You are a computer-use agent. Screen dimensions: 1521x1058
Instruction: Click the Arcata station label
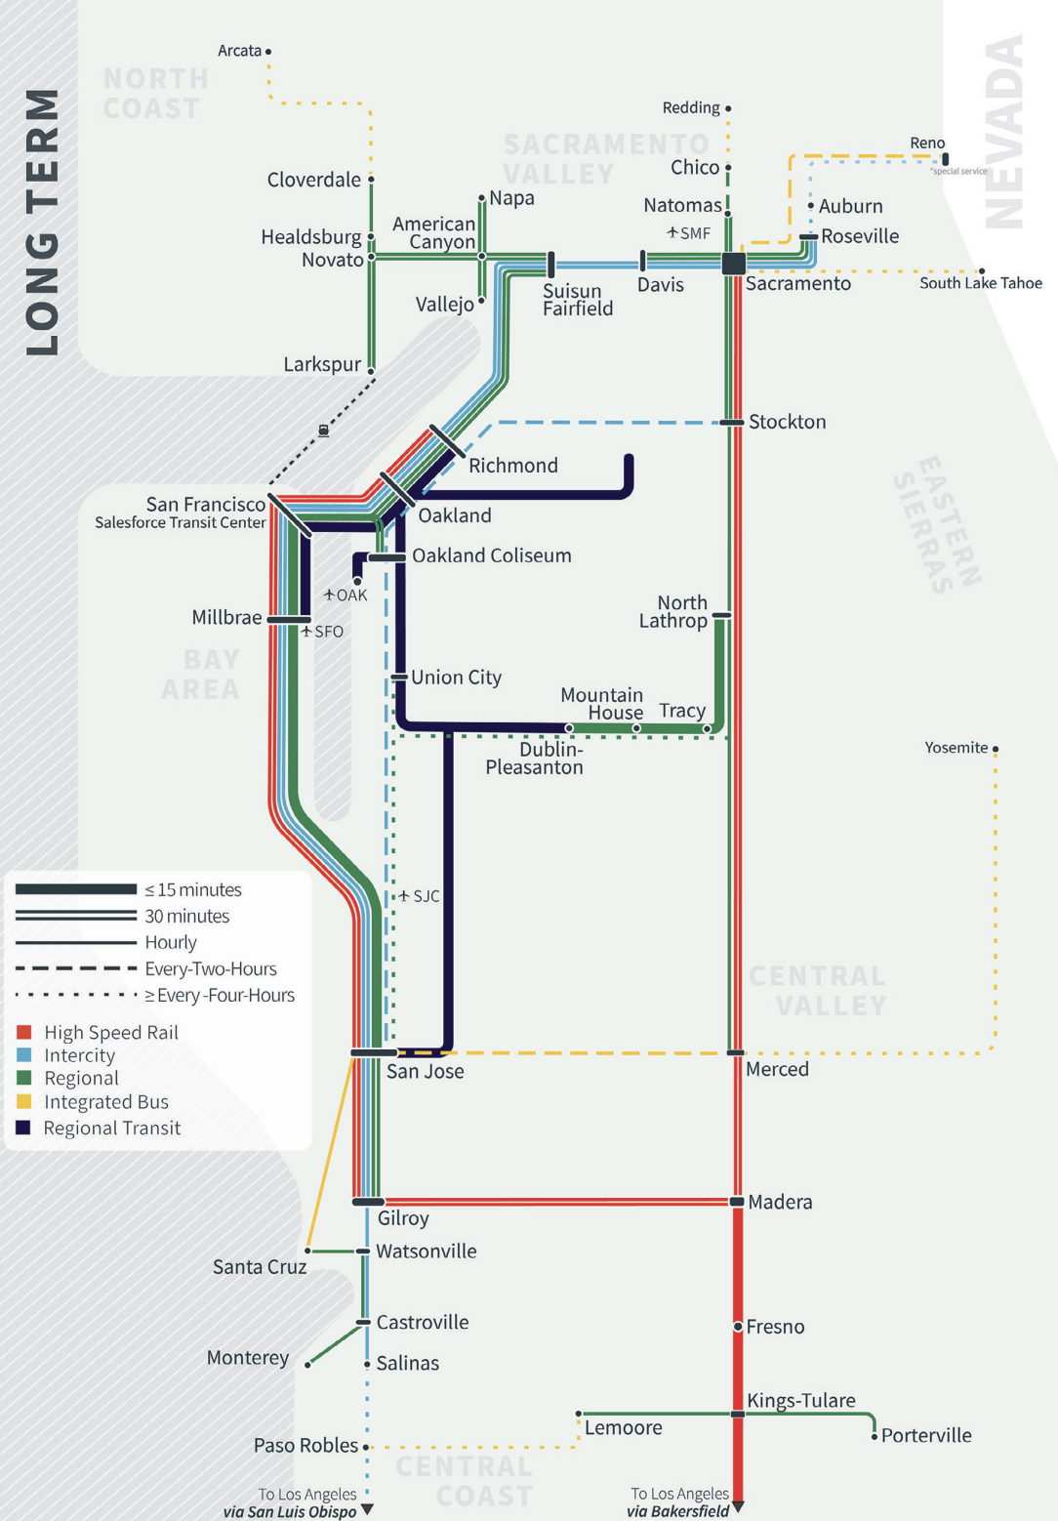239,51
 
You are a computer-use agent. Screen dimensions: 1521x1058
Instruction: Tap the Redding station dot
728,108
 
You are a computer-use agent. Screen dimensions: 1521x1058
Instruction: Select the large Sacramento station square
734,263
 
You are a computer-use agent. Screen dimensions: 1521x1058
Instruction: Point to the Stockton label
787,422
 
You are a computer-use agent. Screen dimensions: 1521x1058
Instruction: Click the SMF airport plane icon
672,232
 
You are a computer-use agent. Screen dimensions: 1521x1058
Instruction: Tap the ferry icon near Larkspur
323,431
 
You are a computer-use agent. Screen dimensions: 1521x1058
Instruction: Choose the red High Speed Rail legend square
24,1032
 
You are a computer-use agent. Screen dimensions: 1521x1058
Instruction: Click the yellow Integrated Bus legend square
24,1101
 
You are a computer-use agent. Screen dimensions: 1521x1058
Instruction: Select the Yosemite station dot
995,749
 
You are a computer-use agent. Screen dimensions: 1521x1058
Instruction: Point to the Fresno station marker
738,1327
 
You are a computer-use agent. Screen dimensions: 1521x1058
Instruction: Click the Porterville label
926,1435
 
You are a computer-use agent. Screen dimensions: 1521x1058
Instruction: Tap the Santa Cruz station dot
307,1251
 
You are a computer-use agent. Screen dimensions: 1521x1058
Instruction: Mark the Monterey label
248,1358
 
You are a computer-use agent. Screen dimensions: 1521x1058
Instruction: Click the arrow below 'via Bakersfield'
739,1507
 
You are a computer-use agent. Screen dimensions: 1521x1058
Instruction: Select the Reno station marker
945,159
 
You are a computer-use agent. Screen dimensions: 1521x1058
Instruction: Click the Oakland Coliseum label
491,555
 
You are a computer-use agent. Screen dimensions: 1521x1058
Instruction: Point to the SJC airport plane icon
404,895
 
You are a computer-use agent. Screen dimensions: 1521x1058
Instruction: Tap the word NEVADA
1005,132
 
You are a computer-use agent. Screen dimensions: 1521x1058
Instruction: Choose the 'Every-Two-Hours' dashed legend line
75,968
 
